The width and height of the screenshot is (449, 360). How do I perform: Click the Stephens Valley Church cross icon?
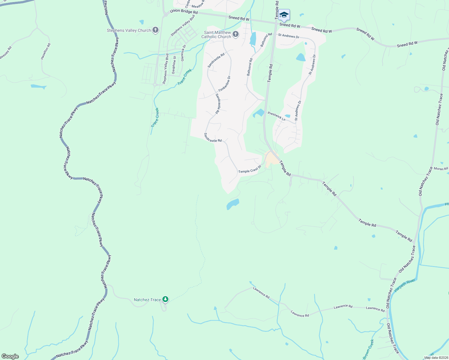coord(155,30)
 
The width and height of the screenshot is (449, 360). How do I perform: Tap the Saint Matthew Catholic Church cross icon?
coord(236,34)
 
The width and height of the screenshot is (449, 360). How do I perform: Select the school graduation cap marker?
coord(284,15)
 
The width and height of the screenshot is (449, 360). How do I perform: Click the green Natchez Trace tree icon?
coord(165,299)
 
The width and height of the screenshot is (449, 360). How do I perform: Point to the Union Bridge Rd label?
coord(184,12)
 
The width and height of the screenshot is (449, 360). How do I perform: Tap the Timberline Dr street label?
coord(224,84)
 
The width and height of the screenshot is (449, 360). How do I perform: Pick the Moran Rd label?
coord(441,169)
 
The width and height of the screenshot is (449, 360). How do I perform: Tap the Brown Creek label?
coord(368,349)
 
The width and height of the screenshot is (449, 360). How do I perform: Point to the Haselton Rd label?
coord(46,51)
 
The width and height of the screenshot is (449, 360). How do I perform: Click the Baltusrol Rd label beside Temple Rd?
coord(266,40)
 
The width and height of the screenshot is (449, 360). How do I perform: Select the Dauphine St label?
coord(174,66)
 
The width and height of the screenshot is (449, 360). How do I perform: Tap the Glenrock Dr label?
coord(183,53)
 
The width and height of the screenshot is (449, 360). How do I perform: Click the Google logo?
coord(10,356)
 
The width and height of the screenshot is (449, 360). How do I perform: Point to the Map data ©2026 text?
coord(435,358)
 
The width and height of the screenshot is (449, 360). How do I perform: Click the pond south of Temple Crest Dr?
coord(233,204)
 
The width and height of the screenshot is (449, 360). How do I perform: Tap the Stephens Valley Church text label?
coord(129,30)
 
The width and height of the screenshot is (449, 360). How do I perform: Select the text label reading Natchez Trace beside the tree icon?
coord(147,300)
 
